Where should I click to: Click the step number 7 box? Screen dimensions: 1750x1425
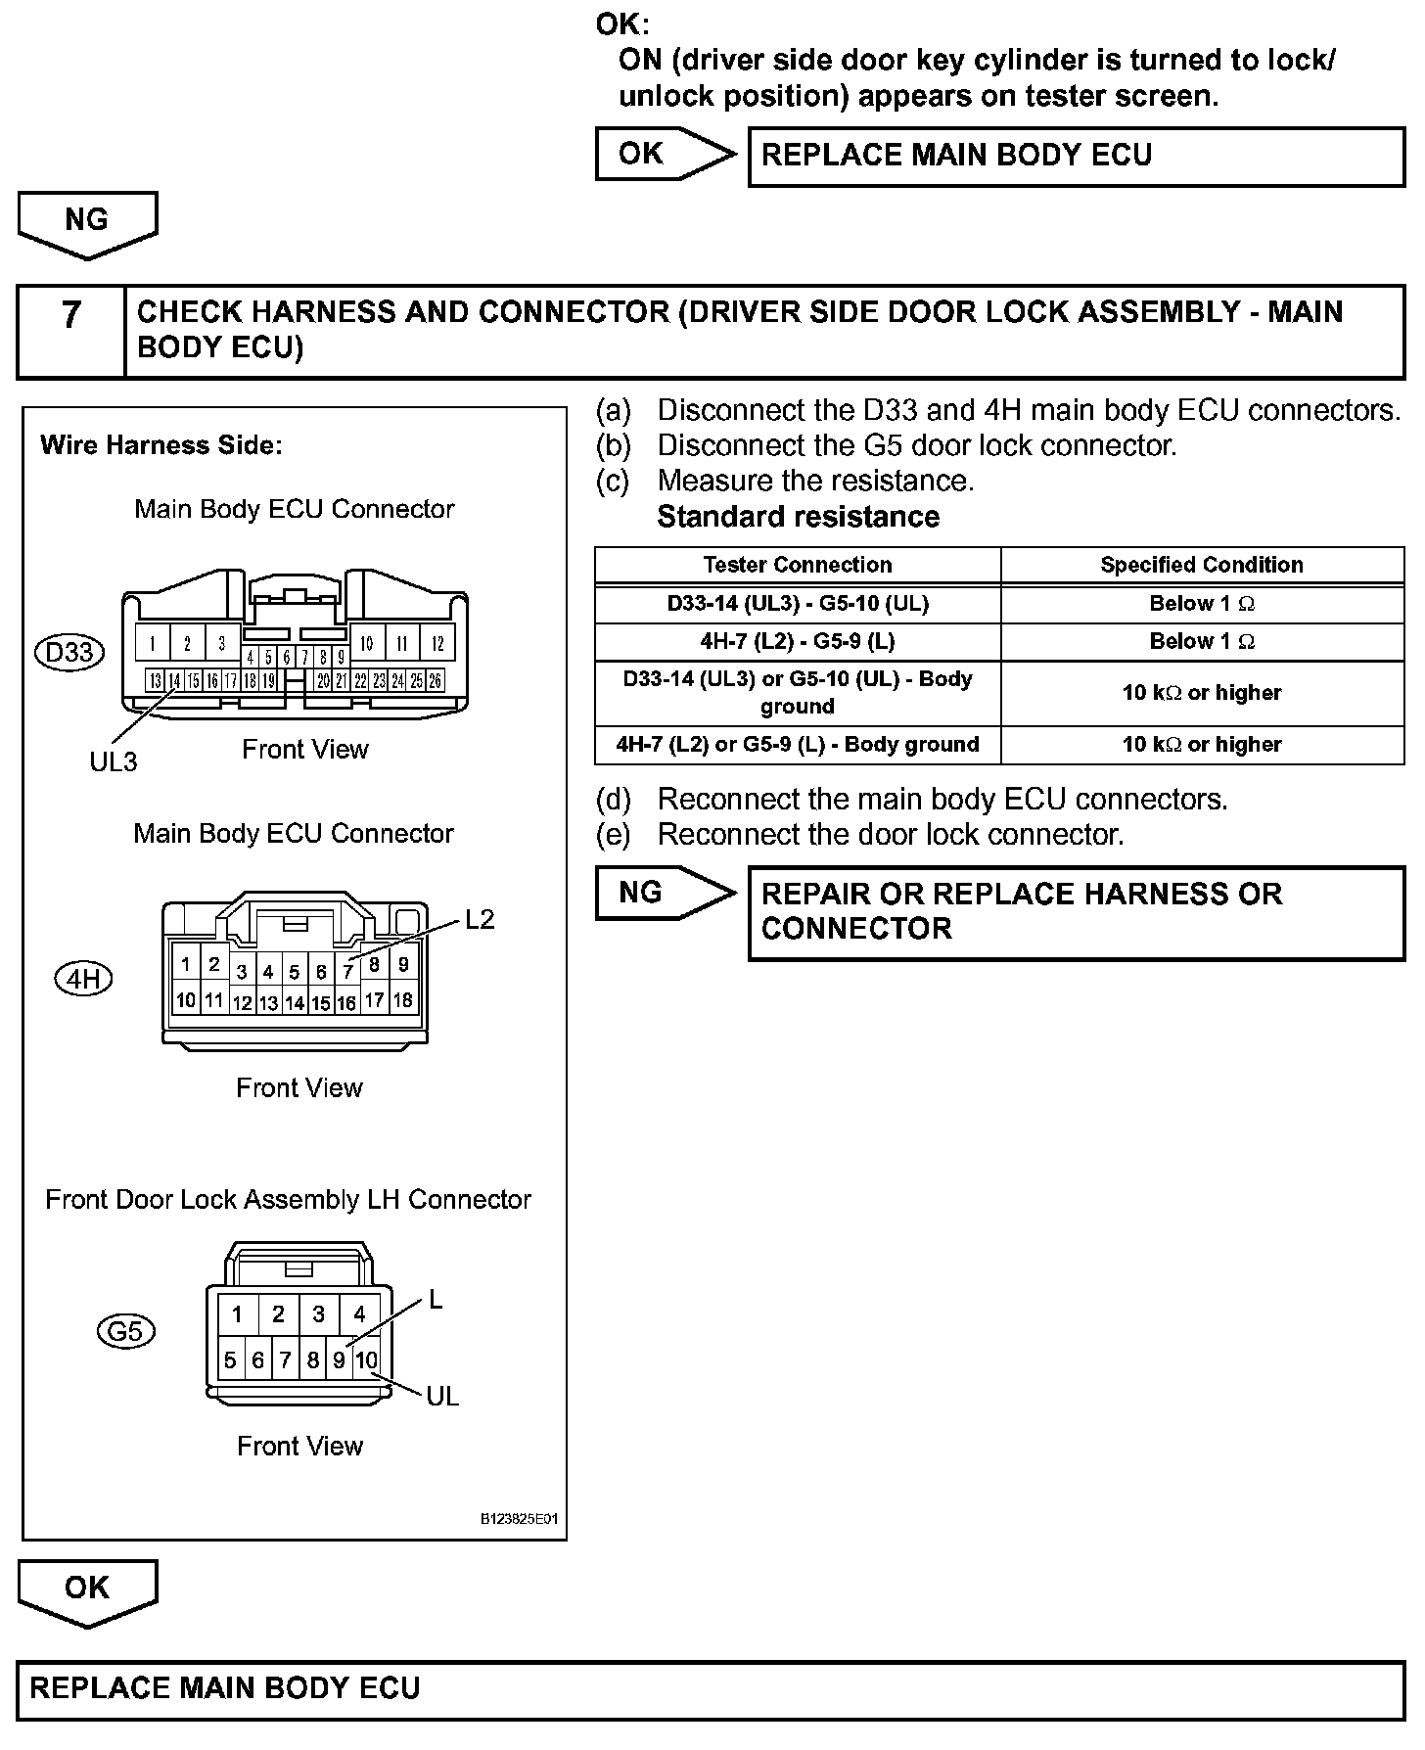(x=71, y=331)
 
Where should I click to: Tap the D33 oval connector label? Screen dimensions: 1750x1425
(x=69, y=652)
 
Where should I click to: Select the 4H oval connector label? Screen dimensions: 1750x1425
(x=84, y=979)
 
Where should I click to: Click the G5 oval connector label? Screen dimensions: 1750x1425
(x=126, y=1331)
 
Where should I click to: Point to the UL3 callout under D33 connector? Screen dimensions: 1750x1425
(x=114, y=761)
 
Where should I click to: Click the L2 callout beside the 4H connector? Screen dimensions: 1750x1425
(x=480, y=920)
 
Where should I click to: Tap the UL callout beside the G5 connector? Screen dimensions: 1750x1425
(x=442, y=1397)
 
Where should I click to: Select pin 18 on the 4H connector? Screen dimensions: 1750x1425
(x=402, y=1000)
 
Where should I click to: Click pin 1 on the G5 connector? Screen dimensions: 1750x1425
(x=237, y=1314)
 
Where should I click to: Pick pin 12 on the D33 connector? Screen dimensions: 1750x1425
(x=437, y=644)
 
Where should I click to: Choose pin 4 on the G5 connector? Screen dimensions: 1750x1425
(x=359, y=1314)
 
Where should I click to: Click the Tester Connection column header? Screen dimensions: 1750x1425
(x=798, y=565)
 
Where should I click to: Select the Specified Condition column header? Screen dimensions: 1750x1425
(x=1202, y=565)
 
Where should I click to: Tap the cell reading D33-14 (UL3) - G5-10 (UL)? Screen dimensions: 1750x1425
(x=798, y=604)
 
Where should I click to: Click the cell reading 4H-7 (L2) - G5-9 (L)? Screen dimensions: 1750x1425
(x=798, y=642)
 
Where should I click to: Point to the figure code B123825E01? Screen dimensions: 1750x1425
(x=519, y=1520)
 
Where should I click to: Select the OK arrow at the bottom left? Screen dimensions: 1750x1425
(x=87, y=1589)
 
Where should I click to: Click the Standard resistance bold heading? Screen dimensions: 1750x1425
(x=798, y=517)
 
